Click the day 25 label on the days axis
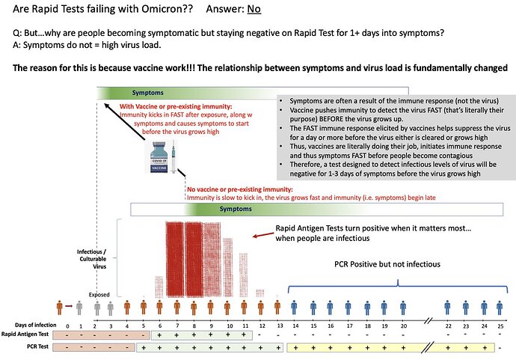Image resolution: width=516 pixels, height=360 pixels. coord(500,326)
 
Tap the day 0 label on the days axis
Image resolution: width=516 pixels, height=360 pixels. coord(68,326)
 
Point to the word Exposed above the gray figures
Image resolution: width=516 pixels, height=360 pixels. coord(99,294)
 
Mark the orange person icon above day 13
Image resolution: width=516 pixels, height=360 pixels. coord(277,308)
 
